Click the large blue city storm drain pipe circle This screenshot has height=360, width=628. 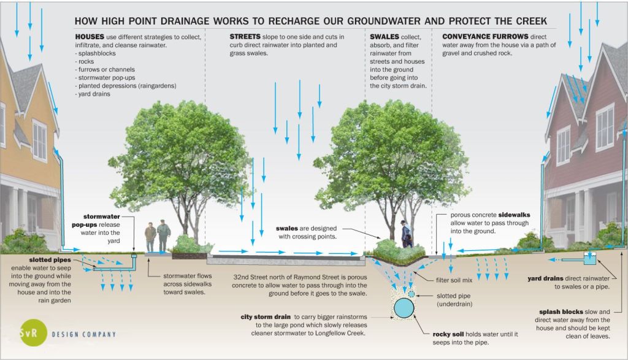(x=403, y=308)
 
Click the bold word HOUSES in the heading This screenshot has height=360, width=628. (x=90, y=37)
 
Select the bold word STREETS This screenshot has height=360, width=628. (x=245, y=37)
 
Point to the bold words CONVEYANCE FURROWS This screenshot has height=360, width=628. (x=477, y=37)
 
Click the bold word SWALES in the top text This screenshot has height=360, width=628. (x=385, y=37)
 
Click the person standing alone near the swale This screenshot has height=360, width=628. (x=406, y=234)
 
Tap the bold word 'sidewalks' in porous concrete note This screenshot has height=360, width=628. (x=511, y=215)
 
